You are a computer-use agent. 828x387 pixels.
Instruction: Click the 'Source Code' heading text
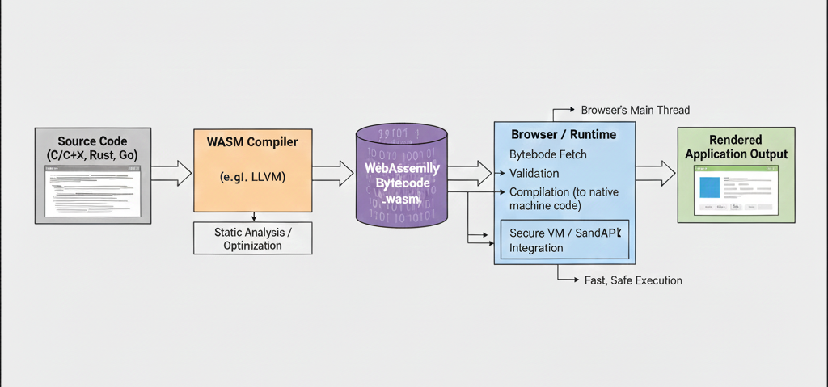coord(91,141)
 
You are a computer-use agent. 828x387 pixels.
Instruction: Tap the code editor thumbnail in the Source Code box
coord(91,191)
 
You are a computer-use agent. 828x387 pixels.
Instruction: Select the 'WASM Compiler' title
coord(252,142)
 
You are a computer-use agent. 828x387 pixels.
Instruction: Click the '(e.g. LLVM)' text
coord(252,176)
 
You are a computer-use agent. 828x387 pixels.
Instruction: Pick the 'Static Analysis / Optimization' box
coord(253,238)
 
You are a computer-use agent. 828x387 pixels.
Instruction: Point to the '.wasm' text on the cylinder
coord(402,199)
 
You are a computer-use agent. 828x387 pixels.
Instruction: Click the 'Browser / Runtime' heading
coord(564,134)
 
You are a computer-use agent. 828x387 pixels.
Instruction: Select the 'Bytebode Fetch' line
coord(547,154)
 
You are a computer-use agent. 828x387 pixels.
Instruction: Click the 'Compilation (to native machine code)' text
coord(565,199)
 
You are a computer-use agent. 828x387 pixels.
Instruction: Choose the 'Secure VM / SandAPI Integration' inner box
coord(564,240)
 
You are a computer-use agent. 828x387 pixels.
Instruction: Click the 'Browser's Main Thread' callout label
coord(636,110)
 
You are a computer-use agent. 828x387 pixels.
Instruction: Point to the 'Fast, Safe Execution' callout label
coord(633,280)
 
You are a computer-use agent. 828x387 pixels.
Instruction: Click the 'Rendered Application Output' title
coord(737,147)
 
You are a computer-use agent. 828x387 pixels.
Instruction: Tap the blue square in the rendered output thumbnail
coord(710,187)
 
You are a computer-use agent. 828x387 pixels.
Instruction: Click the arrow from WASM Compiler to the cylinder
coord(332,172)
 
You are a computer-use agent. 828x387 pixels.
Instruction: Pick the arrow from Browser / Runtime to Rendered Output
coord(656,172)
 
